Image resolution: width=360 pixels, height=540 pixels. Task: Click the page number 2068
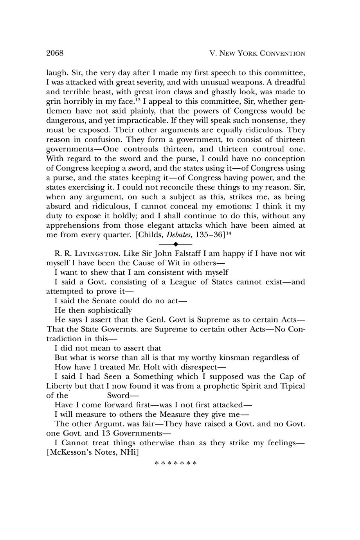[x=55, y=53]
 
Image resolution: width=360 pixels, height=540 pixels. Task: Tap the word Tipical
[x=292, y=386]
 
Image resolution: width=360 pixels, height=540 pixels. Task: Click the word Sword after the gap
[x=121, y=395]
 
